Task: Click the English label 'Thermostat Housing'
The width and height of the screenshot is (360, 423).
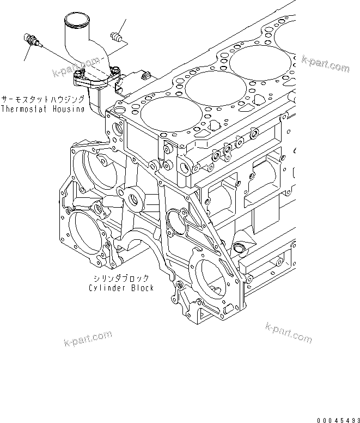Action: tap(42, 108)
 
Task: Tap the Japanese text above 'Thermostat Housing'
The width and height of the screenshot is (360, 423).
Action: tap(42, 99)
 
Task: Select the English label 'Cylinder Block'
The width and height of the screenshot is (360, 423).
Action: tap(121, 287)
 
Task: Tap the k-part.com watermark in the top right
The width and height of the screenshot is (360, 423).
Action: tap(325, 65)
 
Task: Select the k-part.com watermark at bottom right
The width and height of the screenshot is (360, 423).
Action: tap(288, 332)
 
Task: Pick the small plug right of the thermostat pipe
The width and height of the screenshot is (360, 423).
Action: tap(115, 38)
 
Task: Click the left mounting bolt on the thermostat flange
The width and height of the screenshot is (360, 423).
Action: tap(80, 75)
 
